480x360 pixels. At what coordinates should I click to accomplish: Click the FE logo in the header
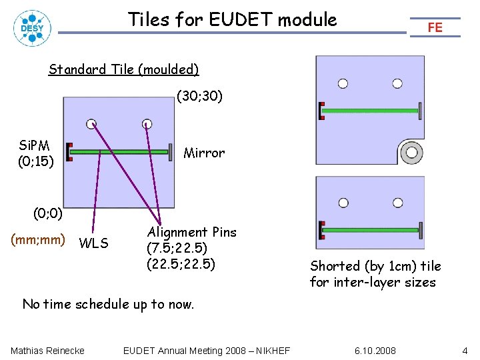(x=435, y=27)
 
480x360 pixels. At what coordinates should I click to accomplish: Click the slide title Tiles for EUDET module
(x=233, y=19)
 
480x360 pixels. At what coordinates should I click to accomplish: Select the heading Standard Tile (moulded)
(x=124, y=69)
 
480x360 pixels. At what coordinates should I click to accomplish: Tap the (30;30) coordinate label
(x=199, y=97)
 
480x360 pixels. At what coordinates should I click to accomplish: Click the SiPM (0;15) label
(x=33, y=153)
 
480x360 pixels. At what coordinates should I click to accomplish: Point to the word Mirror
(x=204, y=153)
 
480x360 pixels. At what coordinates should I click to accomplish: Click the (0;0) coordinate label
(x=48, y=214)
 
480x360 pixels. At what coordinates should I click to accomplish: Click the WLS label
(x=93, y=243)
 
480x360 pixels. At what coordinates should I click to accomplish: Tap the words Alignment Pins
(x=192, y=232)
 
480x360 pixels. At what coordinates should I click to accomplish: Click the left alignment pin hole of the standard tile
(x=91, y=123)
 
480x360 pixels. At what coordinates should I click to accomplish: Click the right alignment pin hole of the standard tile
(x=147, y=123)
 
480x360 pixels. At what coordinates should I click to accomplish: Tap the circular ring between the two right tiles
(x=411, y=153)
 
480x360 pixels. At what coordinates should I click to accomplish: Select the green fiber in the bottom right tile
(x=371, y=230)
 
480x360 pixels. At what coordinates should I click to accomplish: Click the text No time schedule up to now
(x=108, y=305)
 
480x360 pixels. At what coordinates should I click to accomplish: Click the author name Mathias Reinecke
(x=47, y=351)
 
